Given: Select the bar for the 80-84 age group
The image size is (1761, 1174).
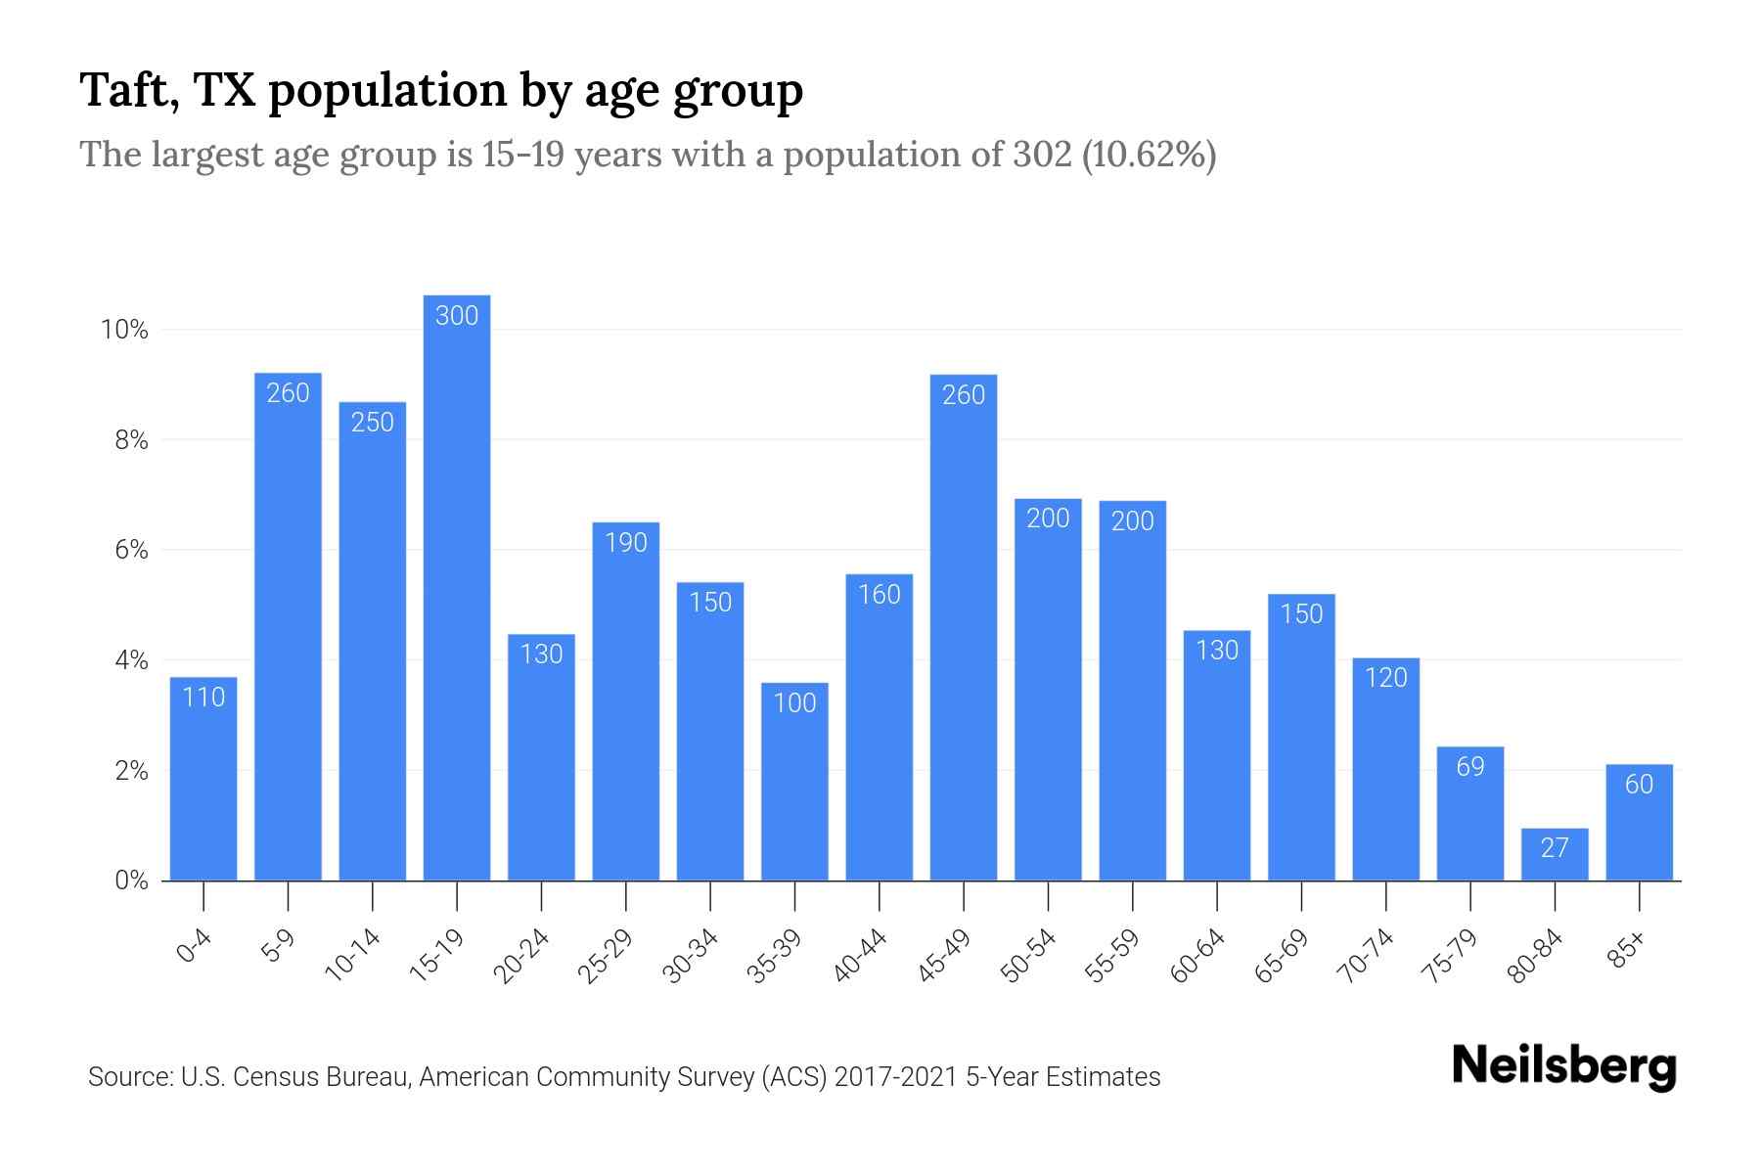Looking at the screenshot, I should pyautogui.click(x=1555, y=856).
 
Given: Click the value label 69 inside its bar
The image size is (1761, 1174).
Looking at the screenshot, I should pyautogui.click(x=1470, y=767).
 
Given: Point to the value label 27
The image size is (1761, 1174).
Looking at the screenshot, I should pyautogui.click(x=1555, y=848).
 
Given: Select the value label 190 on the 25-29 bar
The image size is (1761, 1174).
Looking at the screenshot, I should pyautogui.click(x=626, y=543).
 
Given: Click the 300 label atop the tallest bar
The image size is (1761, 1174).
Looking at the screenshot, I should pyautogui.click(x=457, y=316).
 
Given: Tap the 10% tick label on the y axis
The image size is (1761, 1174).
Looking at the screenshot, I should pyautogui.click(x=124, y=331).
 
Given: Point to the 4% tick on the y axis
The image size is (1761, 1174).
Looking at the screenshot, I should pyautogui.click(x=131, y=661).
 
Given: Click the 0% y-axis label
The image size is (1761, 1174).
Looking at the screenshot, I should pyautogui.click(x=131, y=881).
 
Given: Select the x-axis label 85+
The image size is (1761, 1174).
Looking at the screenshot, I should pyautogui.click(x=1627, y=951).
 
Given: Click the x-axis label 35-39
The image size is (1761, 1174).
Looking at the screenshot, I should pyautogui.click(x=775, y=957).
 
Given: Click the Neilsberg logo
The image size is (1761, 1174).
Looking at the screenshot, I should pyautogui.click(x=1564, y=1066).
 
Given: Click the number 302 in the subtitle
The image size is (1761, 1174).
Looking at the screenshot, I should pyautogui.click(x=1042, y=156).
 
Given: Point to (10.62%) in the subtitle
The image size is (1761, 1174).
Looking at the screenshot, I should pyautogui.click(x=1149, y=156).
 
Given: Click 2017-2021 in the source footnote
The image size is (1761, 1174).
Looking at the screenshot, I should pyautogui.click(x=896, y=1077).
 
